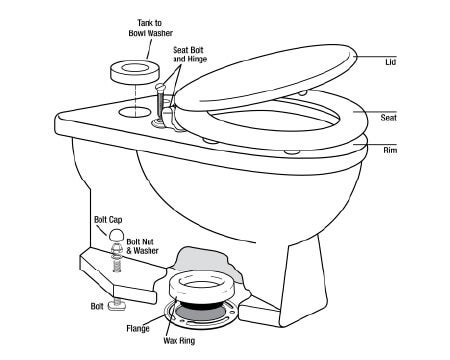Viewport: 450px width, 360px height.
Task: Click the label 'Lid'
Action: pyautogui.click(x=390, y=62)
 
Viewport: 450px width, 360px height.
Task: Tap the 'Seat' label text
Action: pyautogui.click(x=389, y=118)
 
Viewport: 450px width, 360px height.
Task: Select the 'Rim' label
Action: pyautogui.click(x=390, y=150)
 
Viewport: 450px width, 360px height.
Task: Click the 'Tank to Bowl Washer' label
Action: pyautogui.click(x=150, y=28)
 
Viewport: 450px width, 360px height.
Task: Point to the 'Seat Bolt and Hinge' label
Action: pyautogui.click(x=190, y=54)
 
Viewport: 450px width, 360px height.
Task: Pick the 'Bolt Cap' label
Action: pyautogui.click(x=108, y=220)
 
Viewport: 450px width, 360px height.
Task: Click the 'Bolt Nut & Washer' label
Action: pyautogui.click(x=142, y=246)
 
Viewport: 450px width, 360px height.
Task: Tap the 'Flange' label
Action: pyautogui.click(x=138, y=329)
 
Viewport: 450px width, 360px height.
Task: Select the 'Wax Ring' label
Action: pyautogui.click(x=179, y=341)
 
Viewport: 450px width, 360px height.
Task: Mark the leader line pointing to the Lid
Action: pyautogui.click(x=375, y=56)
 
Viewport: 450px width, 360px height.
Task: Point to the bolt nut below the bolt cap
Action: pyautogui.click(x=115, y=248)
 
